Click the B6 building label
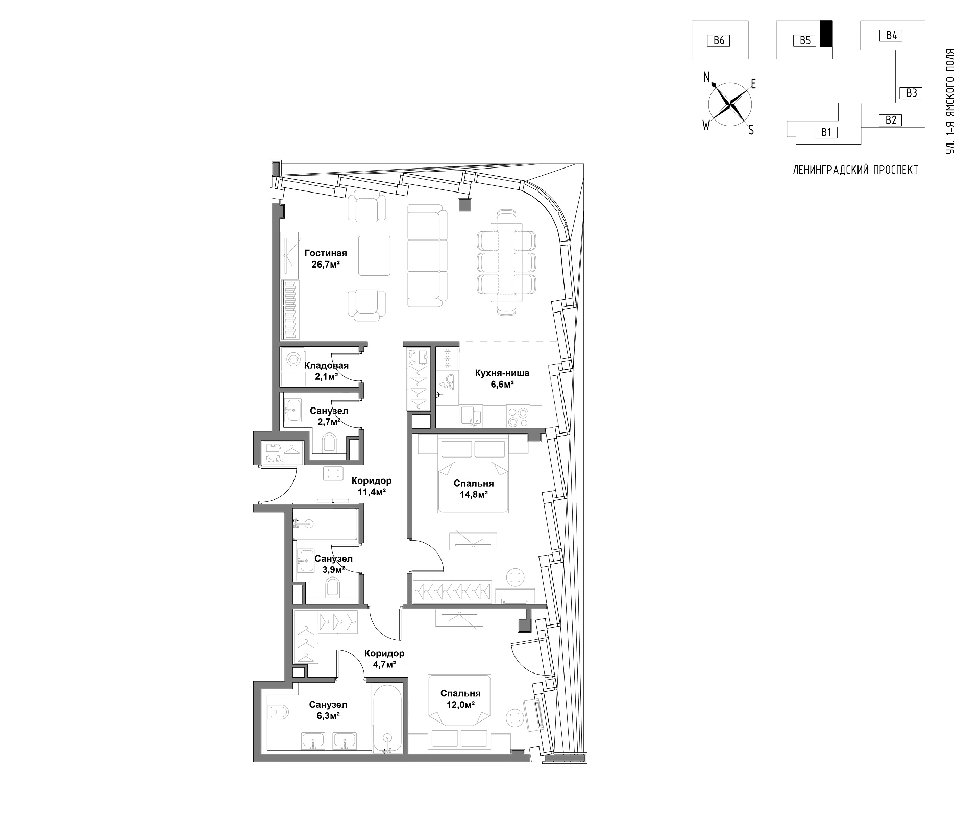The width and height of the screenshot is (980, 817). coord(719,40)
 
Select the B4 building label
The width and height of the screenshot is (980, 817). coord(891,35)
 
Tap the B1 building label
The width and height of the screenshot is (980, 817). coord(826,133)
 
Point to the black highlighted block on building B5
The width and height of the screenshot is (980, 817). coord(826,34)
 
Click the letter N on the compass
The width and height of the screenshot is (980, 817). coord(707,77)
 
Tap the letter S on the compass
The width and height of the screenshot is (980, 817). coord(751,130)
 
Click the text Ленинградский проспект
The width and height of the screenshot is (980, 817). coord(855,170)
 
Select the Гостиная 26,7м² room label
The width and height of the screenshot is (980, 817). coord(326,258)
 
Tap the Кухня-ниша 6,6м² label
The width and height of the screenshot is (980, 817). coord(494,378)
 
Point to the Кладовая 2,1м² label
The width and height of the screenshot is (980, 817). coord(326,371)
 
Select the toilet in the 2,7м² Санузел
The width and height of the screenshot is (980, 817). coord(329,442)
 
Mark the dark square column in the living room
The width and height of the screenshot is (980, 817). coord(465,205)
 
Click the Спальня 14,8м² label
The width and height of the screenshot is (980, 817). coord(474,488)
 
